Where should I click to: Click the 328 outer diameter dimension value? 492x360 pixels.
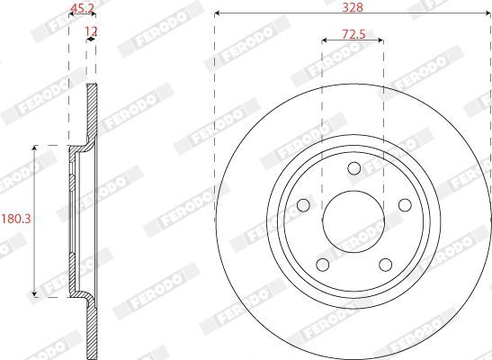coord(353,7)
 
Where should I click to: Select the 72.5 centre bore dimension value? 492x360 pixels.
coord(353,34)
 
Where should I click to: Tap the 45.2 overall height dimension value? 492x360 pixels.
coord(82,8)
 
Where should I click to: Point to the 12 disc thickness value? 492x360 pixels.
coord(92,31)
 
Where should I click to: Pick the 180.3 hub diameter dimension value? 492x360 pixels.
coord(16,219)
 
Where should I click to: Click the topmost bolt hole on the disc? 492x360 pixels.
coord(354,168)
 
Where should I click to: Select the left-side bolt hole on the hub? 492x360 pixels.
coord(303,205)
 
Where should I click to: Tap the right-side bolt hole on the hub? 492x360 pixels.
coord(405,205)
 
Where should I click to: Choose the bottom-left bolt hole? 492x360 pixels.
coord(323,265)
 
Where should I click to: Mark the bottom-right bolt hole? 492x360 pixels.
coord(385,265)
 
